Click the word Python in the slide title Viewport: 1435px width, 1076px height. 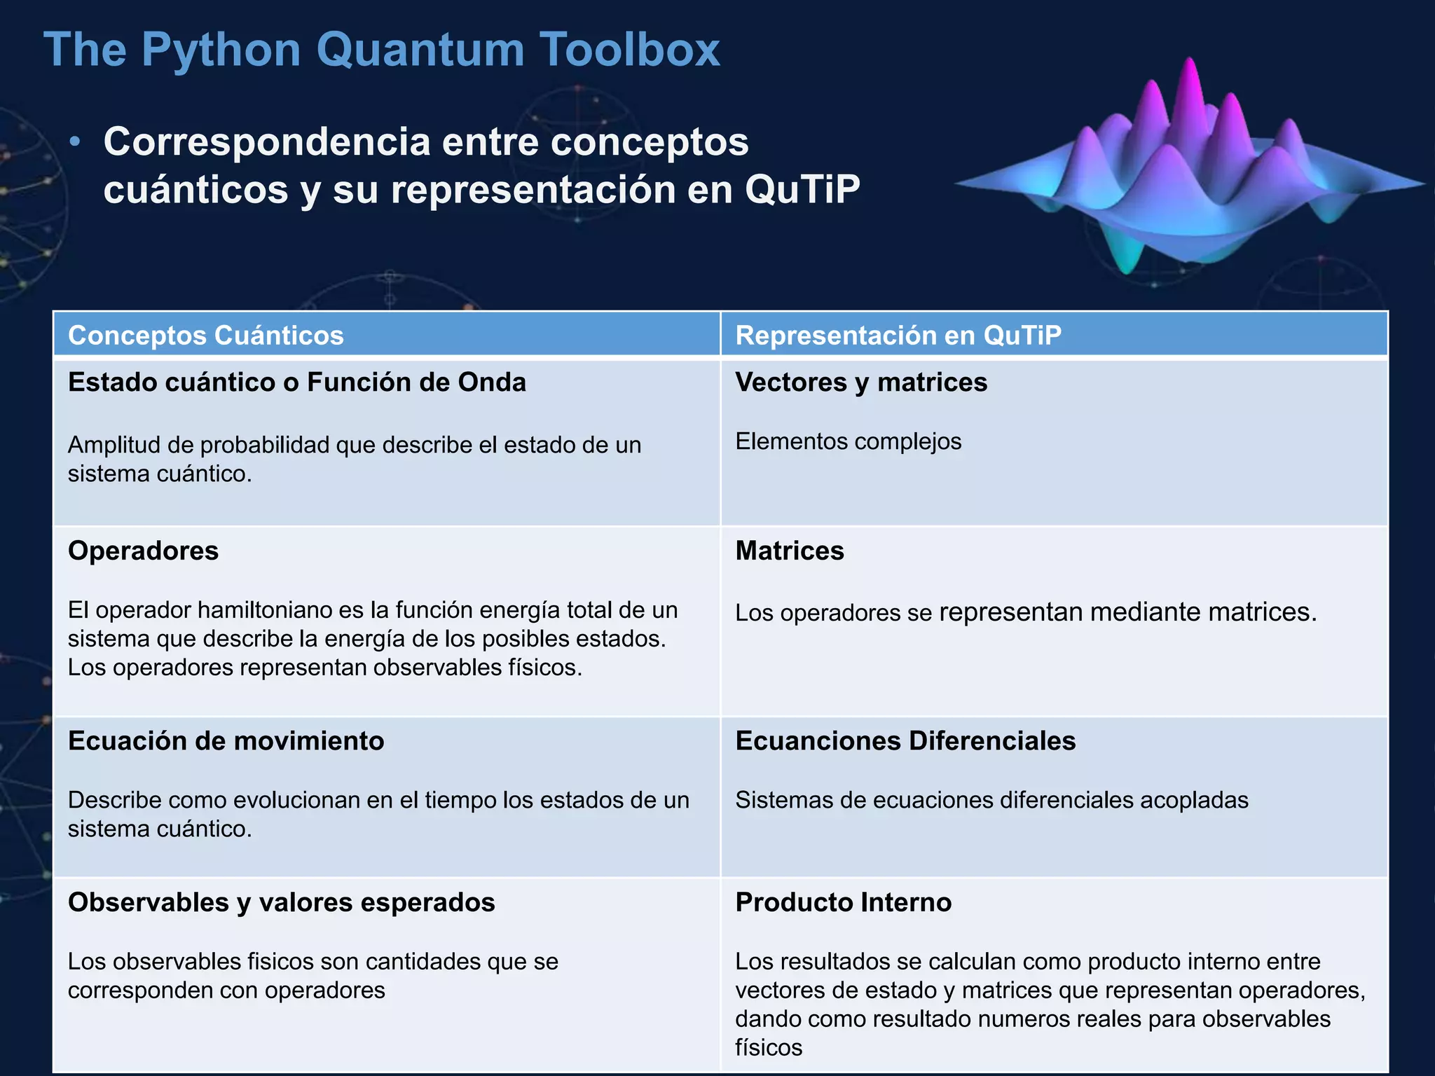[221, 50]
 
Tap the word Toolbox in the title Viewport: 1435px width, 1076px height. [629, 50]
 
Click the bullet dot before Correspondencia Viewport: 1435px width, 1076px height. [76, 143]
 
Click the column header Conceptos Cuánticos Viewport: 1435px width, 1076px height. [206, 336]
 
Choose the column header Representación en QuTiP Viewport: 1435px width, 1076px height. [898, 336]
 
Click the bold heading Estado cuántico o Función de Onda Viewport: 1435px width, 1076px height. [296, 382]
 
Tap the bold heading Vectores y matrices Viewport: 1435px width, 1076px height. [860, 382]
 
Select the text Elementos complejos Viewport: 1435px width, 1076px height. [848, 441]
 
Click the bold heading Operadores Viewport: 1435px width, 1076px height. [143, 551]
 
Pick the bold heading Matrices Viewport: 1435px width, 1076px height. [790, 551]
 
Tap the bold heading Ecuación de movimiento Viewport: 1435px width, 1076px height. [226, 740]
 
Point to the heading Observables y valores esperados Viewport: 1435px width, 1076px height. [281, 902]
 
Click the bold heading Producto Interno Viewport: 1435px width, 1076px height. [843, 902]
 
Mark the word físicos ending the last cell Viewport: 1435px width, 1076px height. [768, 1048]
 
